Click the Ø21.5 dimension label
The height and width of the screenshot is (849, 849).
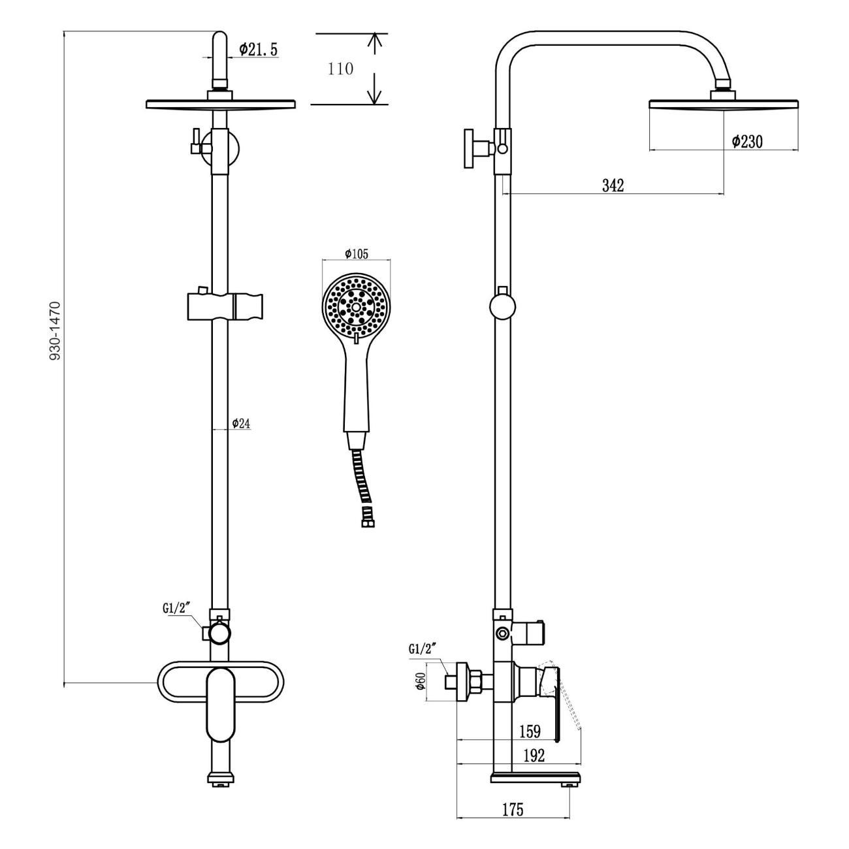pos(258,50)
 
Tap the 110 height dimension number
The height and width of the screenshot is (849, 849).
pos(340,69)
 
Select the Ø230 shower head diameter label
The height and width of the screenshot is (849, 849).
pos(746,142)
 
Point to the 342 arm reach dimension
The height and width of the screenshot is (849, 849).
pos(613,185)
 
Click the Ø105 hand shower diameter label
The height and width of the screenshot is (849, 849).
pos(357,254)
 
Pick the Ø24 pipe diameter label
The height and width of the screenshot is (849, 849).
pos(241,424)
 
